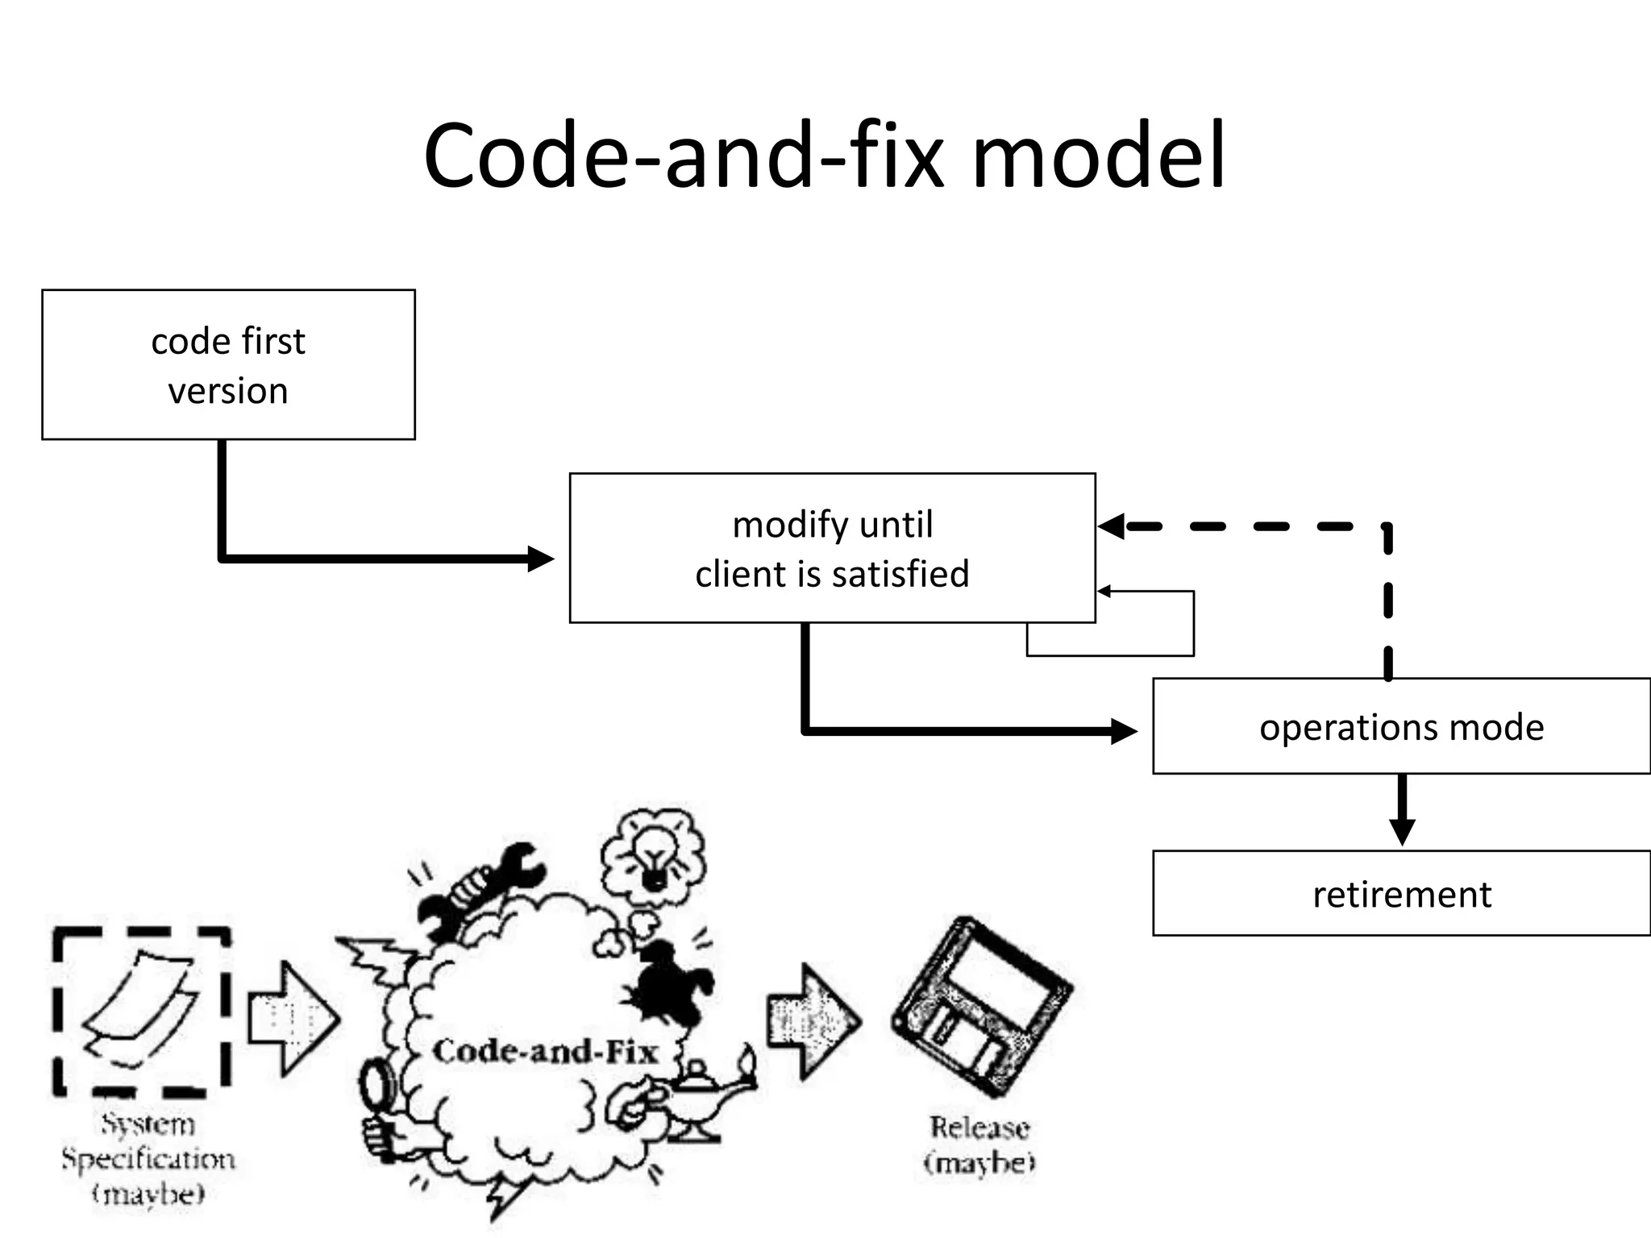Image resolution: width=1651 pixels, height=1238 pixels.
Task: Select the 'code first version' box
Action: click(228, 365)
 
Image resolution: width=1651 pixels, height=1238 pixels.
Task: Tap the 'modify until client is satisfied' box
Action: click(832, 548)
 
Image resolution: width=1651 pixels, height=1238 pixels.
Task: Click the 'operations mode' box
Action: click(1401, 726)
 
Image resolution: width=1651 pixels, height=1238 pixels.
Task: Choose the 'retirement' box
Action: click(1401, 893)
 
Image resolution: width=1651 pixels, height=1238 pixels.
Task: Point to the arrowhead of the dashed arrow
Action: click(1111, 526)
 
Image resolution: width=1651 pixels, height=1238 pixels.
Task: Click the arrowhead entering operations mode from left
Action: click(1124, 731)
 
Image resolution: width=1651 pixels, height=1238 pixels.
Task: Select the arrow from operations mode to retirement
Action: click(1402, 810)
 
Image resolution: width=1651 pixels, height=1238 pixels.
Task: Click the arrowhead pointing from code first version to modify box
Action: click(540, 558)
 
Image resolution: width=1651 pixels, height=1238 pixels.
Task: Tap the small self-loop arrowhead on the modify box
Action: click(1104, 592)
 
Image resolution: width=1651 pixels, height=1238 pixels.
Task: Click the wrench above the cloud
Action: click(482, 887)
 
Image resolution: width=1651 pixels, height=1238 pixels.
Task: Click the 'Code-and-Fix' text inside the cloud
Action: click(545, 1051)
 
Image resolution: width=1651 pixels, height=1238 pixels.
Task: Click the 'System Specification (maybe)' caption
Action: click(148, 1158)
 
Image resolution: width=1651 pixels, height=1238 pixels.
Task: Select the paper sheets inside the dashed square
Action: click(139, 1007)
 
